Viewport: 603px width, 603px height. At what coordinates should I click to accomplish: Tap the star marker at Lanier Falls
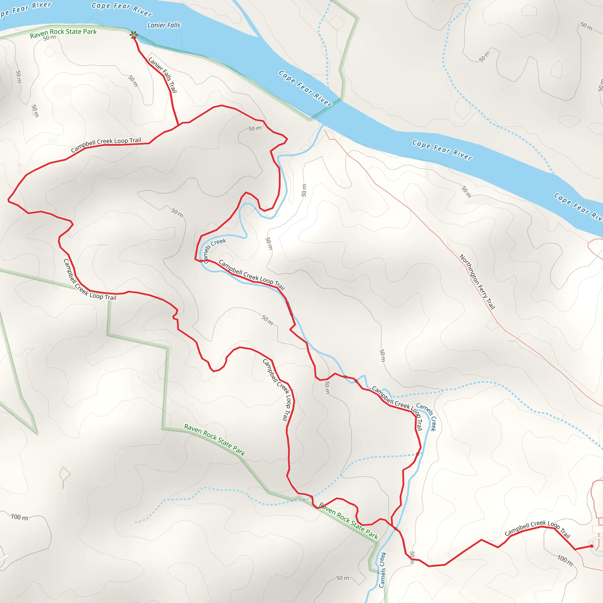(134, 35)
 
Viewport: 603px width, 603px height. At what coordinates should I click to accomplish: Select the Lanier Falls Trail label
(163, 74)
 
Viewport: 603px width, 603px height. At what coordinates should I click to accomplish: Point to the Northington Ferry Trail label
(477, 281)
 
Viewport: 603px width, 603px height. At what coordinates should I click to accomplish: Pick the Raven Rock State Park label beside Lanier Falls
(63, 33)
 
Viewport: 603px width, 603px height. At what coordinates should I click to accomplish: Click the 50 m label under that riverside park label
(49, 38)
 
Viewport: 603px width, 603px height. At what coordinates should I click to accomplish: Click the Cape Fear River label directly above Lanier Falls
(122, 9)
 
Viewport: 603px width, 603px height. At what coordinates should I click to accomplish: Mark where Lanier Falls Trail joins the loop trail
(178, 125)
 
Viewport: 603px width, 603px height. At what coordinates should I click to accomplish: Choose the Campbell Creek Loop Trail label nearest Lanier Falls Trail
(106, 144)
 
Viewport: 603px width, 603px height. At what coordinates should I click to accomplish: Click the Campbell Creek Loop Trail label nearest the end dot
(537, 530)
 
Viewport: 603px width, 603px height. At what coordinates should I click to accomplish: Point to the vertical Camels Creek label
(383, 570)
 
